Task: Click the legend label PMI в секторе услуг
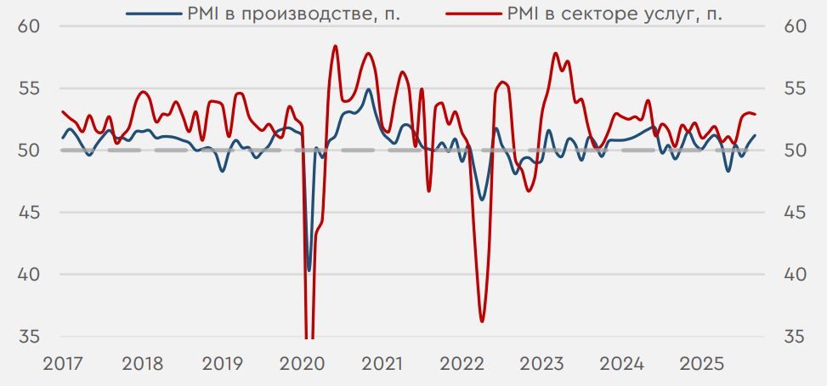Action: pos(614,14)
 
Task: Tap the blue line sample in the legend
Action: pos(153,14)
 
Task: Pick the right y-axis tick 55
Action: pos(796,88)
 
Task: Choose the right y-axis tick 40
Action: pos(796,275)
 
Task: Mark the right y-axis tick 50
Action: pos(796,150)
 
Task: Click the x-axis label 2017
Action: pos(63,364)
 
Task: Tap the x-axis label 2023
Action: pos(542,364)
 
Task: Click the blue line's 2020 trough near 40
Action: pos(309,270)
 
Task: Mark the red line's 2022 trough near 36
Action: pos(482,321)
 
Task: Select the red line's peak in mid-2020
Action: pos(335,46)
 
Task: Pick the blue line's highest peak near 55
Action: pos(368,89)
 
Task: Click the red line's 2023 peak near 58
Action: pos(556,54)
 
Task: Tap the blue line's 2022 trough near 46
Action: pos(482,199)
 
